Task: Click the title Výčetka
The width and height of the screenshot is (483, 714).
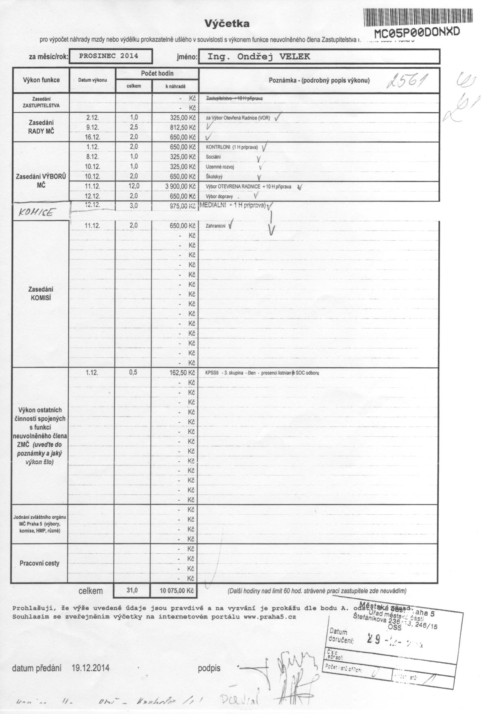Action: point(226,24)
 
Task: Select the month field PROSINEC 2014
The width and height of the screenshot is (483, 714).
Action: point(109,56)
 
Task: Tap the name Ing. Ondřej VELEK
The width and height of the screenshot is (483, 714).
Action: point(259,57)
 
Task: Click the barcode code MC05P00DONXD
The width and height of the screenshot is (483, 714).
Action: point(416,33)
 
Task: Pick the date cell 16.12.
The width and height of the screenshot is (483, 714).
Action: point(93,137)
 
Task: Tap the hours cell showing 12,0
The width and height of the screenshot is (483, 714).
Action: point(134,186)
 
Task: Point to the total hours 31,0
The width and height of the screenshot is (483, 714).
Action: point(133,590)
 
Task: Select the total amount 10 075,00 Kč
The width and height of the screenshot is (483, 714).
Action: point(174,590)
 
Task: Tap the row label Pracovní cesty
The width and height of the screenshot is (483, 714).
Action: point(39,563)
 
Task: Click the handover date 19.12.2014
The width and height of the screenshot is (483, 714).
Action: point(90,668)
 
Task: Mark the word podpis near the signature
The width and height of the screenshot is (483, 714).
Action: point(209,668)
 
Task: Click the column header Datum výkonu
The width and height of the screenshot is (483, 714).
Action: point(93,80)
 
